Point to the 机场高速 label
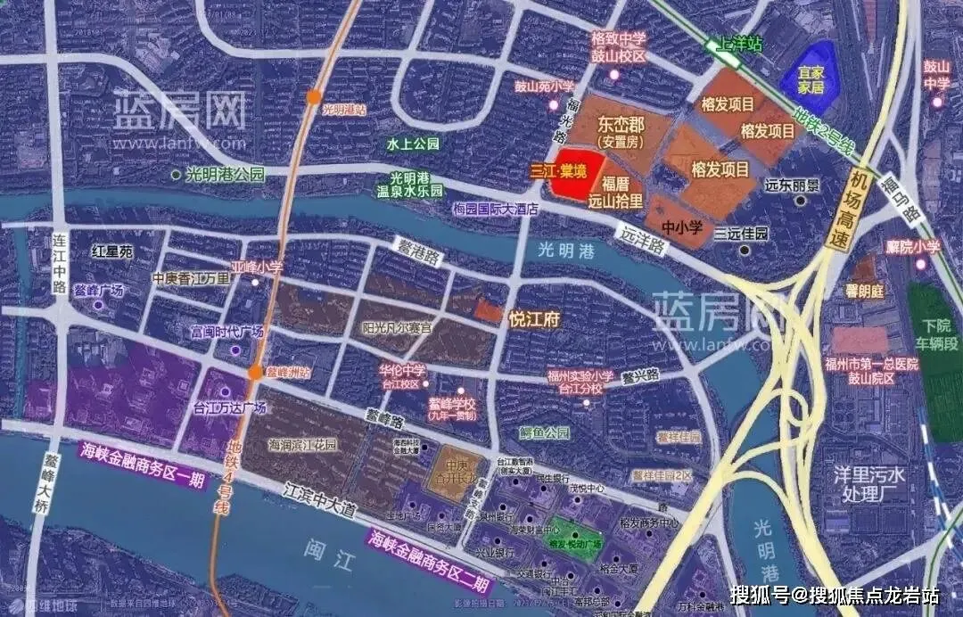click(860, 210)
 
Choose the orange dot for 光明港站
click(313, 97)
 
